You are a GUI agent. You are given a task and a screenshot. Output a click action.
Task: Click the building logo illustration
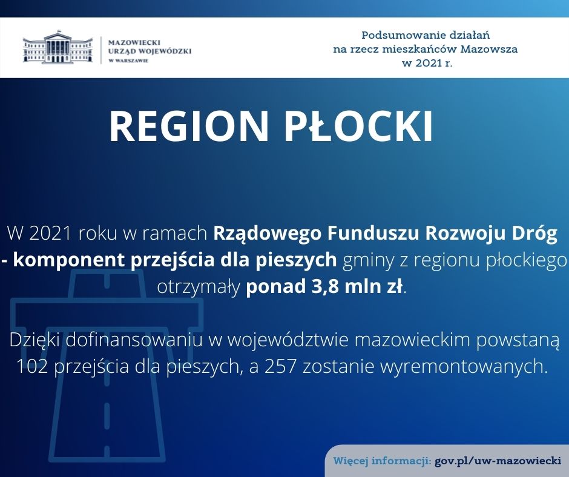[x=58, y=47]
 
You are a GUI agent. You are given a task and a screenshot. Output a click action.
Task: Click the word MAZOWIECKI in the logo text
[x=134, y=42]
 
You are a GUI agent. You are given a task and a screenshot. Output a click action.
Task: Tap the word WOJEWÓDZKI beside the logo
[x=165, y=51]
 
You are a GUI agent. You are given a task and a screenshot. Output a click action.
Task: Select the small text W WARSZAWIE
[x=128, y=61]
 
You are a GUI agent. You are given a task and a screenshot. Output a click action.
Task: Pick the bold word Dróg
[x=534, y=234]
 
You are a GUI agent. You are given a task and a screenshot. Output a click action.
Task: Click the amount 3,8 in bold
[x=323, y=287]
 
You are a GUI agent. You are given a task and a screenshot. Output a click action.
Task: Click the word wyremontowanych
[x=464, y=367]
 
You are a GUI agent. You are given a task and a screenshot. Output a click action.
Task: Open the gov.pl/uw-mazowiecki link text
[x=498, y=461]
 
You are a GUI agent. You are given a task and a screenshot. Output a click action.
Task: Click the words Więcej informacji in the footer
[x=382, y=461]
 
